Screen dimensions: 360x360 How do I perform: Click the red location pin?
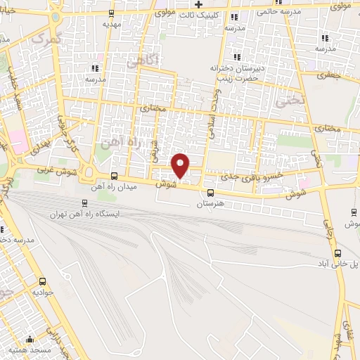coord(181,165)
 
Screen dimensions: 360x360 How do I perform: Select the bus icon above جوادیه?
coord(37,279)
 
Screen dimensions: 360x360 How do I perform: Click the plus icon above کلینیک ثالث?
coord(200,4)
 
